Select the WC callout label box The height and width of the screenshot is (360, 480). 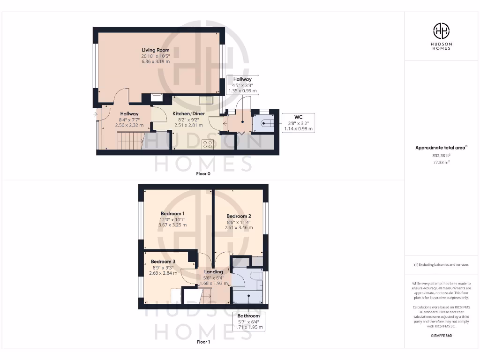(298, 123)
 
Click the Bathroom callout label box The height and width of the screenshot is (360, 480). (248, 322)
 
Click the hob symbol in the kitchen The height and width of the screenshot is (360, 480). (208, 144)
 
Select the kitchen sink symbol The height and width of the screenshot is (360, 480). (206, 99)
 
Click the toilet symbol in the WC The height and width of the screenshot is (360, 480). (264, 124)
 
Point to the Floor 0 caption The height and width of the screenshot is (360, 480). (203, 173)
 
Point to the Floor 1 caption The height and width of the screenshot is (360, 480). (203, 342)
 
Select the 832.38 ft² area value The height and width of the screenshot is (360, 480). (441, 155)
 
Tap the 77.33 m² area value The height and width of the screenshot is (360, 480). (441, 162)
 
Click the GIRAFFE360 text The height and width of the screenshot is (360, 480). (441, 336)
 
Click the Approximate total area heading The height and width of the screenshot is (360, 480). (441, 148)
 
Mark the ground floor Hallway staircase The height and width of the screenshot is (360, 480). (129, 140)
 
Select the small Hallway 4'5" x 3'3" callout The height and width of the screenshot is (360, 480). (240, 85)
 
